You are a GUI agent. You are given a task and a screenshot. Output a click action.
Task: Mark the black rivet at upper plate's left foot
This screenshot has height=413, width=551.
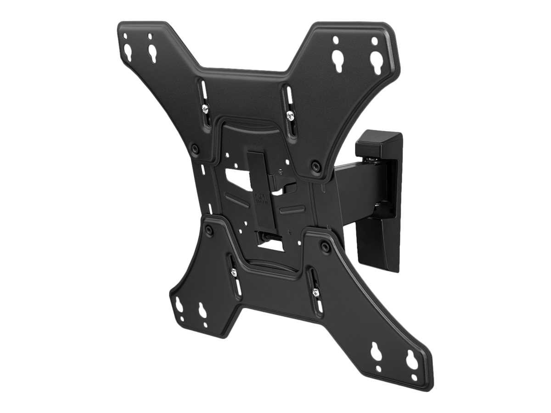(x=195, y=148)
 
